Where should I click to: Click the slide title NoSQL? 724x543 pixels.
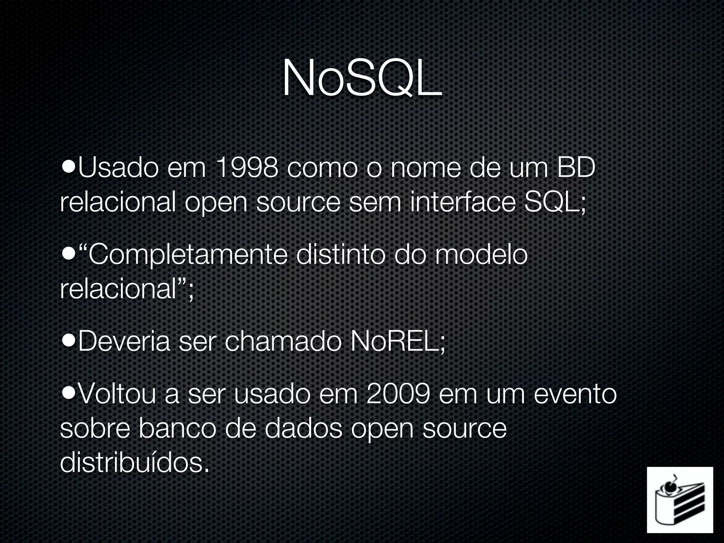coord(362,78)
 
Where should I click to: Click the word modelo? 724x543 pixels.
coord(481,255)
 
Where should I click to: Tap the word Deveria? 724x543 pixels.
coord(124,342)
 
